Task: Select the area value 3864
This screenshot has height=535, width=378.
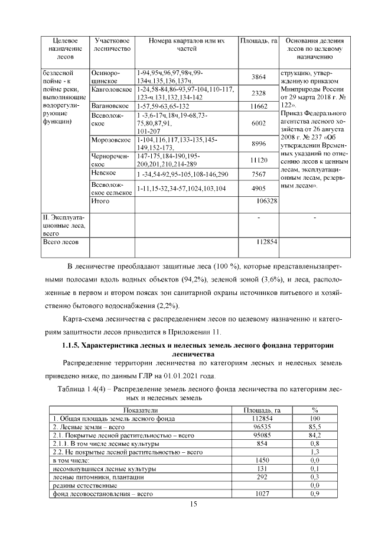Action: [x=259, y=77]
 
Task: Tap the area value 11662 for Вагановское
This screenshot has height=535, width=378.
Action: [x=259, y=106]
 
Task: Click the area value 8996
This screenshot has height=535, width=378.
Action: [x=259, y=144]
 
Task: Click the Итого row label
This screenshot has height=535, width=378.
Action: [x=100, y=201]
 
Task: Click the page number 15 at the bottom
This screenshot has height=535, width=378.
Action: [x=193, y=504]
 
